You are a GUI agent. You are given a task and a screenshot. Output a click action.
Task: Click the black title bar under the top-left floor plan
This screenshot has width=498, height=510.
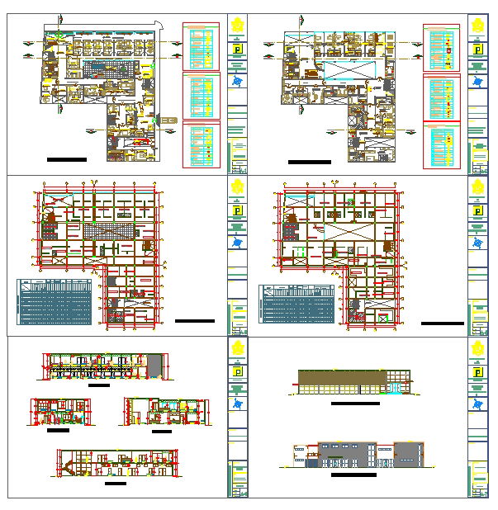point(67,158)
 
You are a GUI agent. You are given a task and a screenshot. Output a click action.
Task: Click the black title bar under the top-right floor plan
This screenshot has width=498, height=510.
point(309,162)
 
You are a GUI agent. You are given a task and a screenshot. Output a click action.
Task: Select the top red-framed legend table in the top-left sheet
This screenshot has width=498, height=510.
point(201,46)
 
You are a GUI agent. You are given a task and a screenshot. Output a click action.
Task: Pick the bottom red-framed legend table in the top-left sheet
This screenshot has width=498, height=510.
point(201,144)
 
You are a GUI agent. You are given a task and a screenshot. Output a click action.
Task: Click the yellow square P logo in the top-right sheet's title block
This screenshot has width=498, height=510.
point(478,50)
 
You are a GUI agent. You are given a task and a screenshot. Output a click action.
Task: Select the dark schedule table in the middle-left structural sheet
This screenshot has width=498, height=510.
point(55,302)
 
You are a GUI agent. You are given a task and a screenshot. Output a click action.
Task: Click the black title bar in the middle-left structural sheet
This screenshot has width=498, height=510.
point(195,320)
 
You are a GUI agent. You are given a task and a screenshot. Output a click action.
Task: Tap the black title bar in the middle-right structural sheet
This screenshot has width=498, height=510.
point(442,323)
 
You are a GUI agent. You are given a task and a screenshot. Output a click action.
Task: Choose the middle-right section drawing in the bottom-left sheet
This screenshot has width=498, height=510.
point(166,412)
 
